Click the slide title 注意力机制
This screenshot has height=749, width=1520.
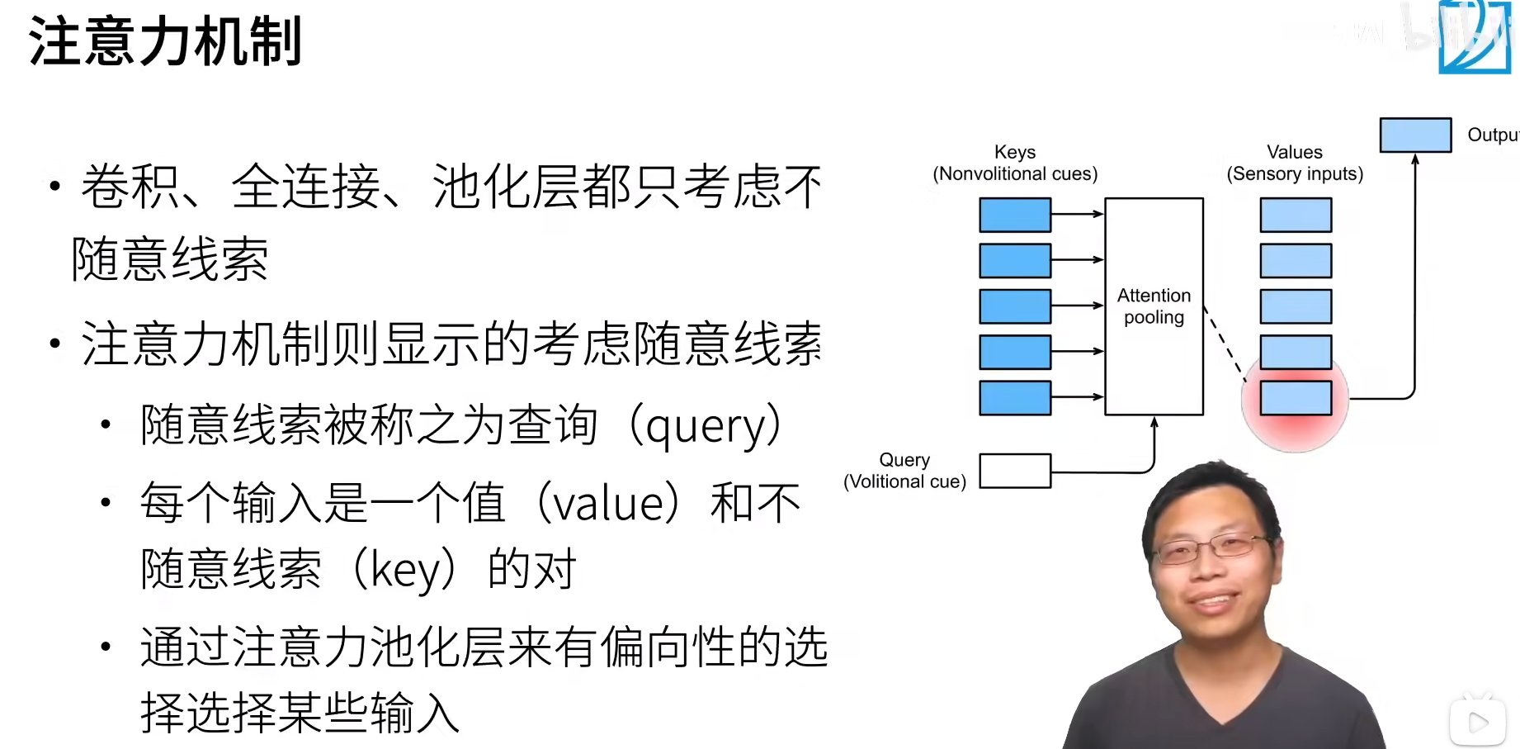(165, 41)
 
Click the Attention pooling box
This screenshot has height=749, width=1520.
(1154, 306)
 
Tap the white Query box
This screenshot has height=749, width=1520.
(1015, 471)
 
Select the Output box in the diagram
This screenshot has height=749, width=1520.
(1415, 135)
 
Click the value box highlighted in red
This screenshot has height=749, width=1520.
(1296, 398)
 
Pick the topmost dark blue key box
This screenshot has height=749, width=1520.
(1015, 215)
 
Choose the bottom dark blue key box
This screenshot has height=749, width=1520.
(1015, 398)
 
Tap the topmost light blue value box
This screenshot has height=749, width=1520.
(1296, 215)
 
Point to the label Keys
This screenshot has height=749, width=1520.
(1015, 152)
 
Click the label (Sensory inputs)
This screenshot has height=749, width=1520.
(1295, 174)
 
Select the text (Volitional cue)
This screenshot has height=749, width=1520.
(904, 481)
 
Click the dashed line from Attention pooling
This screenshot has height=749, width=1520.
(1225, 344)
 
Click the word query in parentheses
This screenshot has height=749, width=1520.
(706, 427)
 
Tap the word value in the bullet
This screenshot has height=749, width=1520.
(609, 504)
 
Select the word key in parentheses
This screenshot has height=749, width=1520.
(404, 570)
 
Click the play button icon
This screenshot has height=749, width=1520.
(1478, 723)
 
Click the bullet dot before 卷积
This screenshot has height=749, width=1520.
(55, 187)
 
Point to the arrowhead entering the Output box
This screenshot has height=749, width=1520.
(1415, 159)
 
